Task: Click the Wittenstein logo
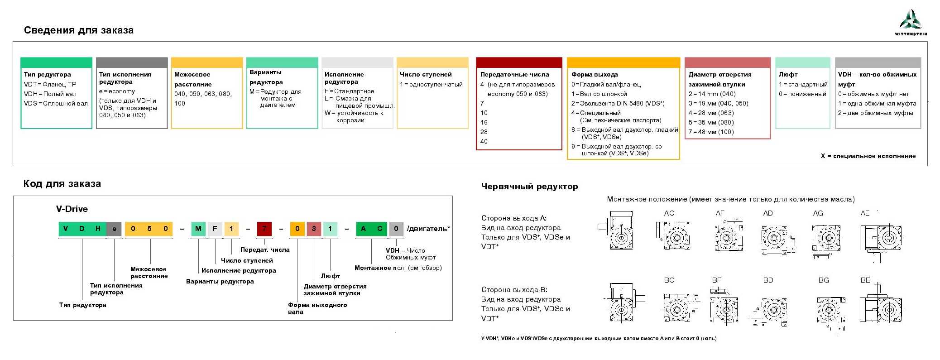coord(911,22)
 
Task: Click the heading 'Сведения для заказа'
coord(78,30)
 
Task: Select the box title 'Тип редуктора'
coord(48,74)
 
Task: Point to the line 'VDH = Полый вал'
coord(50,94)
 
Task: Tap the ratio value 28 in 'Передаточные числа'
coord(484,132)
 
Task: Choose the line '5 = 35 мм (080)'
coord(711,122)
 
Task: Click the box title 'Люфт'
coord(788,74)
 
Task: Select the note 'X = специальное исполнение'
coord(868,156)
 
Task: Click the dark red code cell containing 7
coord(264,229)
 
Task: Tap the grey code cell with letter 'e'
coord(114,229)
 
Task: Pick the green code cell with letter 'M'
coord(198,229)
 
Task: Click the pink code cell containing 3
coord(314,229)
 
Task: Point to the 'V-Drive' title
coord(72,209)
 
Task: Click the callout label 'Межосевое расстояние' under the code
coord(149,272)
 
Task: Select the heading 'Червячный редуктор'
coord(529,186)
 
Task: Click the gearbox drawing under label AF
coord(728,236)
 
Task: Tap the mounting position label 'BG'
coord(824,280)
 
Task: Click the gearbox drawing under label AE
coord(881,238)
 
